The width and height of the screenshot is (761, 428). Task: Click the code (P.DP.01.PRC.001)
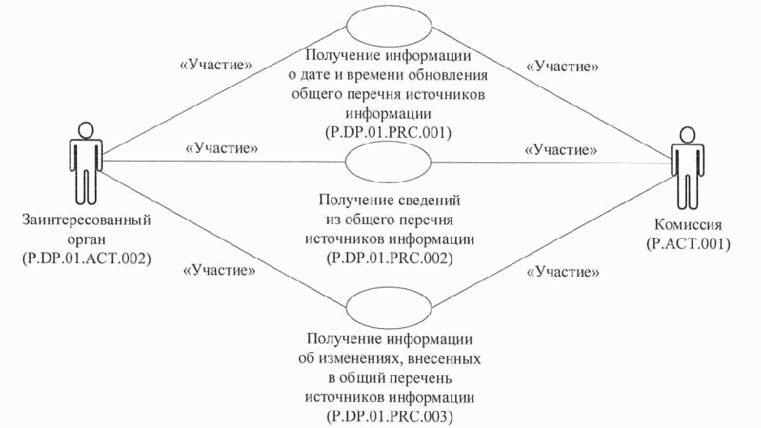pyautogui.click(x=389, y=132)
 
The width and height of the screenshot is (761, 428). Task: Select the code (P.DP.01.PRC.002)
pyautogui.click(x=389, y=258)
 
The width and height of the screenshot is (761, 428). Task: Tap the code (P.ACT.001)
pyautogui.click(x=689, y=244)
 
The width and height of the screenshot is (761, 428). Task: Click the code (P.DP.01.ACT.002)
pyautogui.click(x=87, y=258)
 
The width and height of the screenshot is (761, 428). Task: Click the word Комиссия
pyautogui.click(x=688, y=224)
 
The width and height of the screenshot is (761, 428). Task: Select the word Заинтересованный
pyautogui.click(x=87, y=220)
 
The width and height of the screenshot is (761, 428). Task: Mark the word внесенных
pyautogui.click(x=445, y=359)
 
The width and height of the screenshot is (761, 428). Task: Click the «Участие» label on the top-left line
pyautogui.click(x=217, y=65)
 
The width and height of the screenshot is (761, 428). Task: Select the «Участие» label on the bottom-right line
pyautogui.click(x=563, y=272)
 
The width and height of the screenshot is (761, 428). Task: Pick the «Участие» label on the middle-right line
pyautogui.click(x=561, y=150)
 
